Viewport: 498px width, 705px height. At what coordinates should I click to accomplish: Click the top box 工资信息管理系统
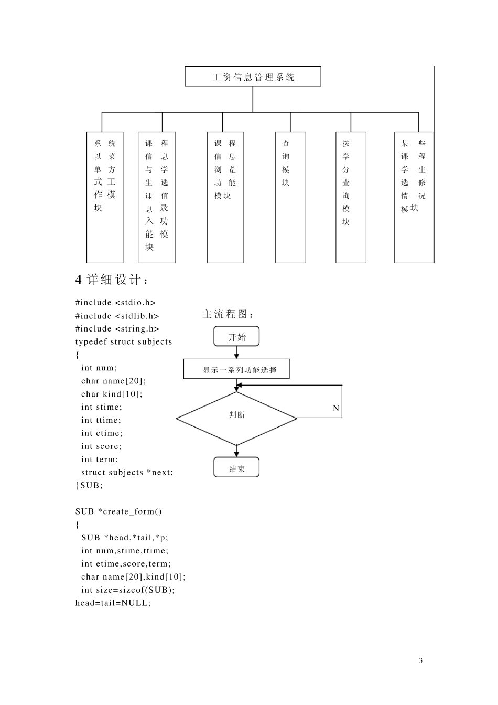[253, 77]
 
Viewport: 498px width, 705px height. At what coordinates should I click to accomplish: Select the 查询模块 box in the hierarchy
[290, 197]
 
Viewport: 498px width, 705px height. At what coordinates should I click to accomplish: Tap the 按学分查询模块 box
[351, 197]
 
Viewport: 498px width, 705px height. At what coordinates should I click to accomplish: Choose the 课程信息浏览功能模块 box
[225, 197]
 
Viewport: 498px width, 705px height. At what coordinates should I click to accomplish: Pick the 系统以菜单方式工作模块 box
[105, 197]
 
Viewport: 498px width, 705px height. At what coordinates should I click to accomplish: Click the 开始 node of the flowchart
[236, 337]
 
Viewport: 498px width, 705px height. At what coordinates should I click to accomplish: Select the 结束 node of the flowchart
[236, 468]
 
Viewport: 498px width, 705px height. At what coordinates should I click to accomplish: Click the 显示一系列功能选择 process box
[236, 369]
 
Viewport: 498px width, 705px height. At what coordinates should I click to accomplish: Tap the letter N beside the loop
[336, 408]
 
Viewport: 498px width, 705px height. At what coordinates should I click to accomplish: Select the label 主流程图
[228, 314]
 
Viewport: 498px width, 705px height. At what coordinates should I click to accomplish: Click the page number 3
[420, 660]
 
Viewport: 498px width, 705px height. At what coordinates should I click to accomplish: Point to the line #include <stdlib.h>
[117, 316]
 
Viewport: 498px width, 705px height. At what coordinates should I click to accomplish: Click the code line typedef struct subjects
[124, 342]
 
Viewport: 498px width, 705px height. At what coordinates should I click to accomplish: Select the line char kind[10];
[112, 394]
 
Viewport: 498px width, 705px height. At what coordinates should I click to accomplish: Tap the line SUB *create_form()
[118, 511]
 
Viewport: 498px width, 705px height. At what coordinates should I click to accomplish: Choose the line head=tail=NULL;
[113, 603]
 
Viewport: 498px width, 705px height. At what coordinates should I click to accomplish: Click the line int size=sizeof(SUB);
[128, 590]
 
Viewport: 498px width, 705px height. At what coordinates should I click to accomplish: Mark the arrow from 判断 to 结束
[236, 451]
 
